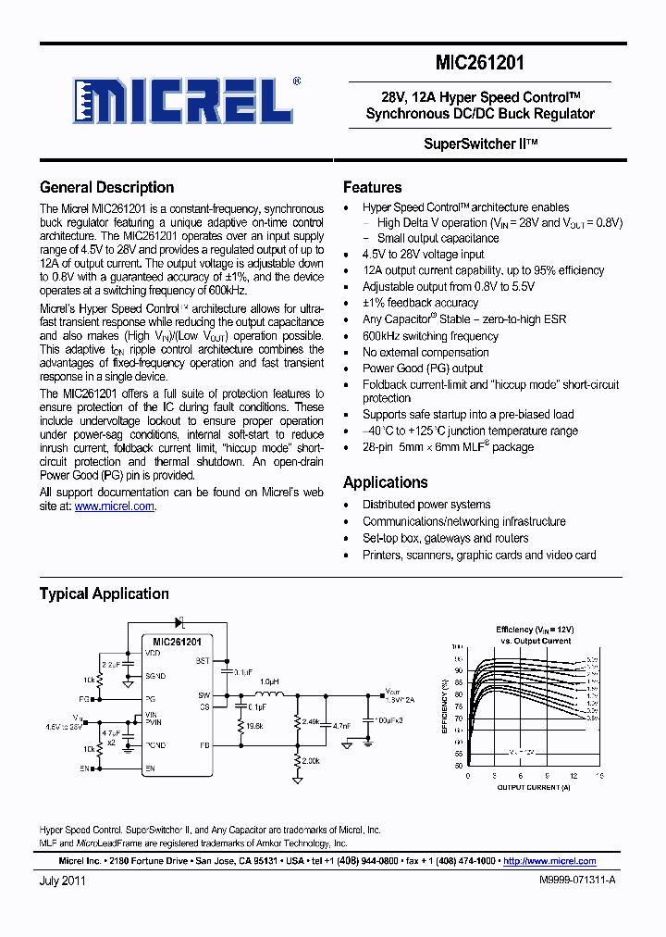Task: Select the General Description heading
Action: pyautogui.click(x=106, y=187)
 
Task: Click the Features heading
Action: pyautogui.click(x=372, y=187)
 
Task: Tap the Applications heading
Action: pyautogui.click(x=385, y=482)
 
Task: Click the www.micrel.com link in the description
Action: pyautogui.click(x=114, y=506)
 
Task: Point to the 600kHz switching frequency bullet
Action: pyautogui.click(x=430, y=336)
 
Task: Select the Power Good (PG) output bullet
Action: pyautogui.click(x=422, y=369)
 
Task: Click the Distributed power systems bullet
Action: pyautogui.click(x=425, y=505)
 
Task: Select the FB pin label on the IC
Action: pyautogui.click(x=203, y=744)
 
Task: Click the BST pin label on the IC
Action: pyautogui.click(x=203, y=661)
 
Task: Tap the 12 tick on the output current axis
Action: pyautogui.click(x=574, y=776)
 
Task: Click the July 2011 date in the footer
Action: pyautogui.click(x=63, y=881)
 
